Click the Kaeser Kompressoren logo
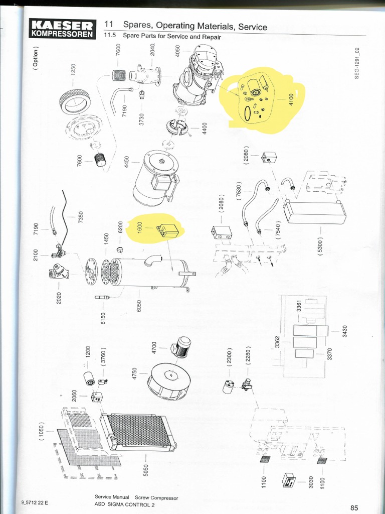pyautogui.click(x=63, y=29)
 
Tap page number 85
pyautogui.click(x=354, y=507)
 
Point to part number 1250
pyautogui.click(x=74, y=70)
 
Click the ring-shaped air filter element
pyautogui.click(x=74, y=101)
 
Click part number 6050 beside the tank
pyautogui.click(x=140, y=305)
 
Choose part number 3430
pyautogui.click(x=344, y=332)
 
